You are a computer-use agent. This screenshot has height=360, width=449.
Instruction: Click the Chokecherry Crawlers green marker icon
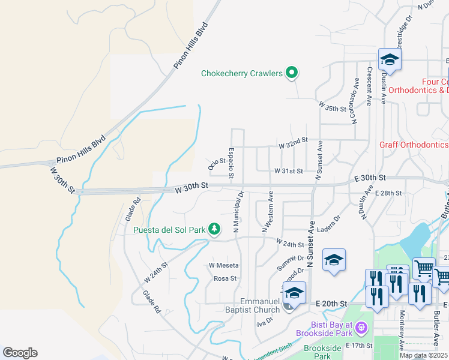click(x=292, y=73)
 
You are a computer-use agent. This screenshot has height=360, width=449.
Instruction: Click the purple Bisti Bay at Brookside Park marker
click(x=360, y=328)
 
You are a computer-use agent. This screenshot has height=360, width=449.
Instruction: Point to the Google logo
click(x=20, y=353)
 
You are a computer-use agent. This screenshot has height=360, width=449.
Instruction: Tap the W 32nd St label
click(x=293, y=139)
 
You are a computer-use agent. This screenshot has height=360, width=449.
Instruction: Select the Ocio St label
click(x=216, y=161)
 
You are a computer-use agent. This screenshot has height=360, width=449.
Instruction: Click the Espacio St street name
click(x=231, y=164)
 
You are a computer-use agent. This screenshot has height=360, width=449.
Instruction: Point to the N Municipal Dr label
click(x=240, y=212)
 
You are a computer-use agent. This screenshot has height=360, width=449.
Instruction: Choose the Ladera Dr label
click(x=329, y=223)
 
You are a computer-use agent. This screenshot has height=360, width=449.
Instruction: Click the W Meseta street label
click(x=224, y=265)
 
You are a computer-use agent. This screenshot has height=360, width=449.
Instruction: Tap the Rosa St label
click(x=226, y=278)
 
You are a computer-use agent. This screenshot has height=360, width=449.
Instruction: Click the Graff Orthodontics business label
click(x=414, y=145)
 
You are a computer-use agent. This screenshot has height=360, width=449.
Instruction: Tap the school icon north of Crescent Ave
click(x=390, y=60)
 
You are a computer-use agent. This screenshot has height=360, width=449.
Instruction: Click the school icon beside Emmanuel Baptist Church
click(x=294, y=293)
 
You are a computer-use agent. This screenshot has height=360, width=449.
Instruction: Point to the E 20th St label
click(x=332, y=305)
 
